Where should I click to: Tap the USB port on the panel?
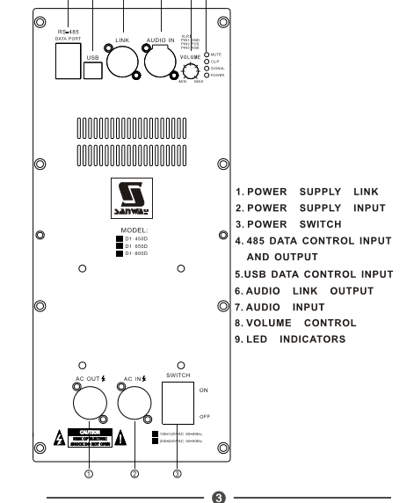(94, 69)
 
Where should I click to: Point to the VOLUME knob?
(189, 71)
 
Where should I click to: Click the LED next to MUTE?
(207, 54)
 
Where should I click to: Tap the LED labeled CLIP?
(207, 61)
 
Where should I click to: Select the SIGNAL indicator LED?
(207, 68)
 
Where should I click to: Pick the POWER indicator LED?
(207, 75)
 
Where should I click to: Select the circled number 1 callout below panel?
(89, 474)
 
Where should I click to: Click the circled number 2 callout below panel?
(134, 474)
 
